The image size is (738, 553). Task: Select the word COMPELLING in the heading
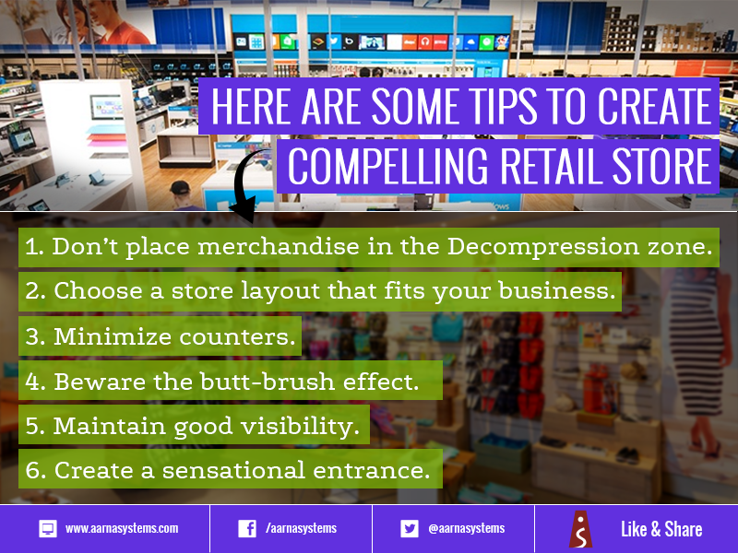[387, 166]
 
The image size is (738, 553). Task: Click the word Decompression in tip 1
[542, 247]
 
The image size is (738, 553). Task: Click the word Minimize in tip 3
[113, 336]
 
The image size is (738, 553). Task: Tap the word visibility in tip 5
[301, 426]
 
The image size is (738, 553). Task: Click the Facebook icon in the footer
[247, 528]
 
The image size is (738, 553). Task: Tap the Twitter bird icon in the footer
[409, 528]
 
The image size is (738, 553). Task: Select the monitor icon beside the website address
[48, 528]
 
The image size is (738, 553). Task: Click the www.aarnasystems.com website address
[122, 528]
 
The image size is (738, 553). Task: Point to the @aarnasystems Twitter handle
[467, 528]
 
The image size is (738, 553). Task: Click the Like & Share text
[661, 529]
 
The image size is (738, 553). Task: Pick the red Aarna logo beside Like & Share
[581, 529]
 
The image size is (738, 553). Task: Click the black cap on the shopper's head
[179, 187]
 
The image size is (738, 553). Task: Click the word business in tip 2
[557, 290]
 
